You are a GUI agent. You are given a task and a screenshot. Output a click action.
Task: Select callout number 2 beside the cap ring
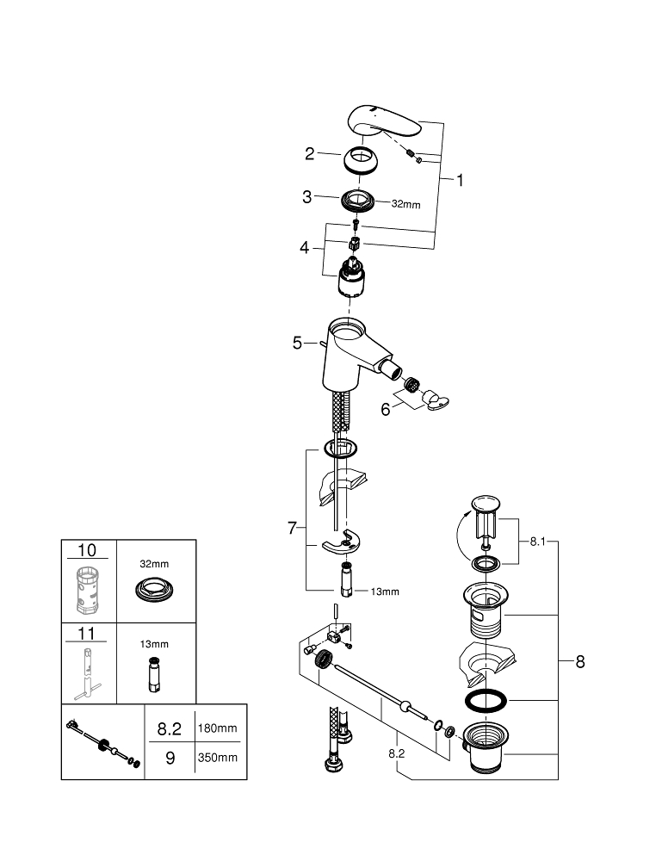310,154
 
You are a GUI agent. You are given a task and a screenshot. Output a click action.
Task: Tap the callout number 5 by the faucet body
297,343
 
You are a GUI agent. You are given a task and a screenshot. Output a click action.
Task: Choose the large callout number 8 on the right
579,662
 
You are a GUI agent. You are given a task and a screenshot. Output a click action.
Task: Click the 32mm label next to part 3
406,204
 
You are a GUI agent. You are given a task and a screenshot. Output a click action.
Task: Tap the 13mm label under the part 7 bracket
386,592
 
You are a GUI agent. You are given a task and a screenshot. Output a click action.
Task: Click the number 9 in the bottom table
170,759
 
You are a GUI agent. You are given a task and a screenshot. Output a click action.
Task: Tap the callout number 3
306,197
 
